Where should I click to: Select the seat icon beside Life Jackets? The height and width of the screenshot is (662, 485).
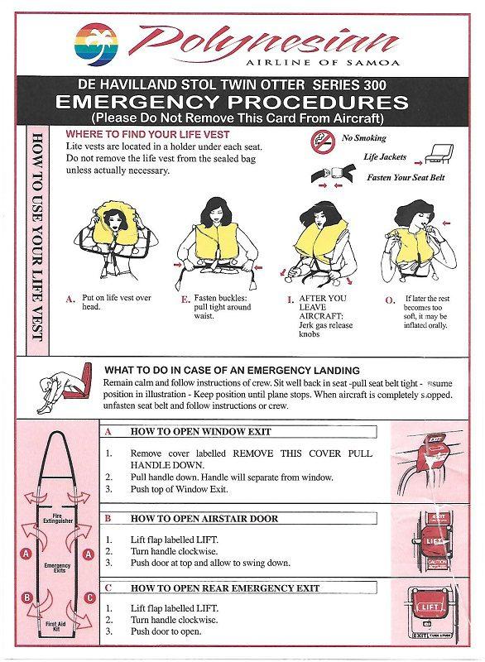437,154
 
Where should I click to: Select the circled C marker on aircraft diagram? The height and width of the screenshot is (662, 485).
89,597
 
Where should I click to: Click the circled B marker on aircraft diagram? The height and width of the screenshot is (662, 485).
27,597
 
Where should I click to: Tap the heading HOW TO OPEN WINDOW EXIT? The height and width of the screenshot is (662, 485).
200,432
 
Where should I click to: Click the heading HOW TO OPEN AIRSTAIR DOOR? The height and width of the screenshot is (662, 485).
204,519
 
